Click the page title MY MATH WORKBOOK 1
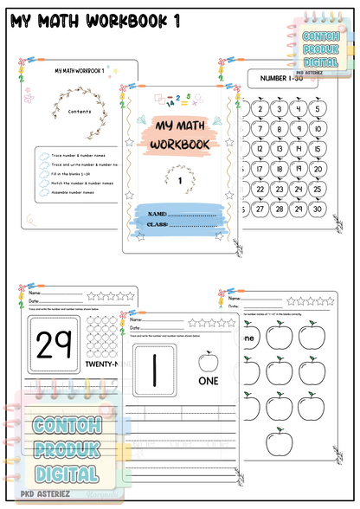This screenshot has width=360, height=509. [x=95, y=21]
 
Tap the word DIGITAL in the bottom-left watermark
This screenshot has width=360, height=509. [x=66, y=473]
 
